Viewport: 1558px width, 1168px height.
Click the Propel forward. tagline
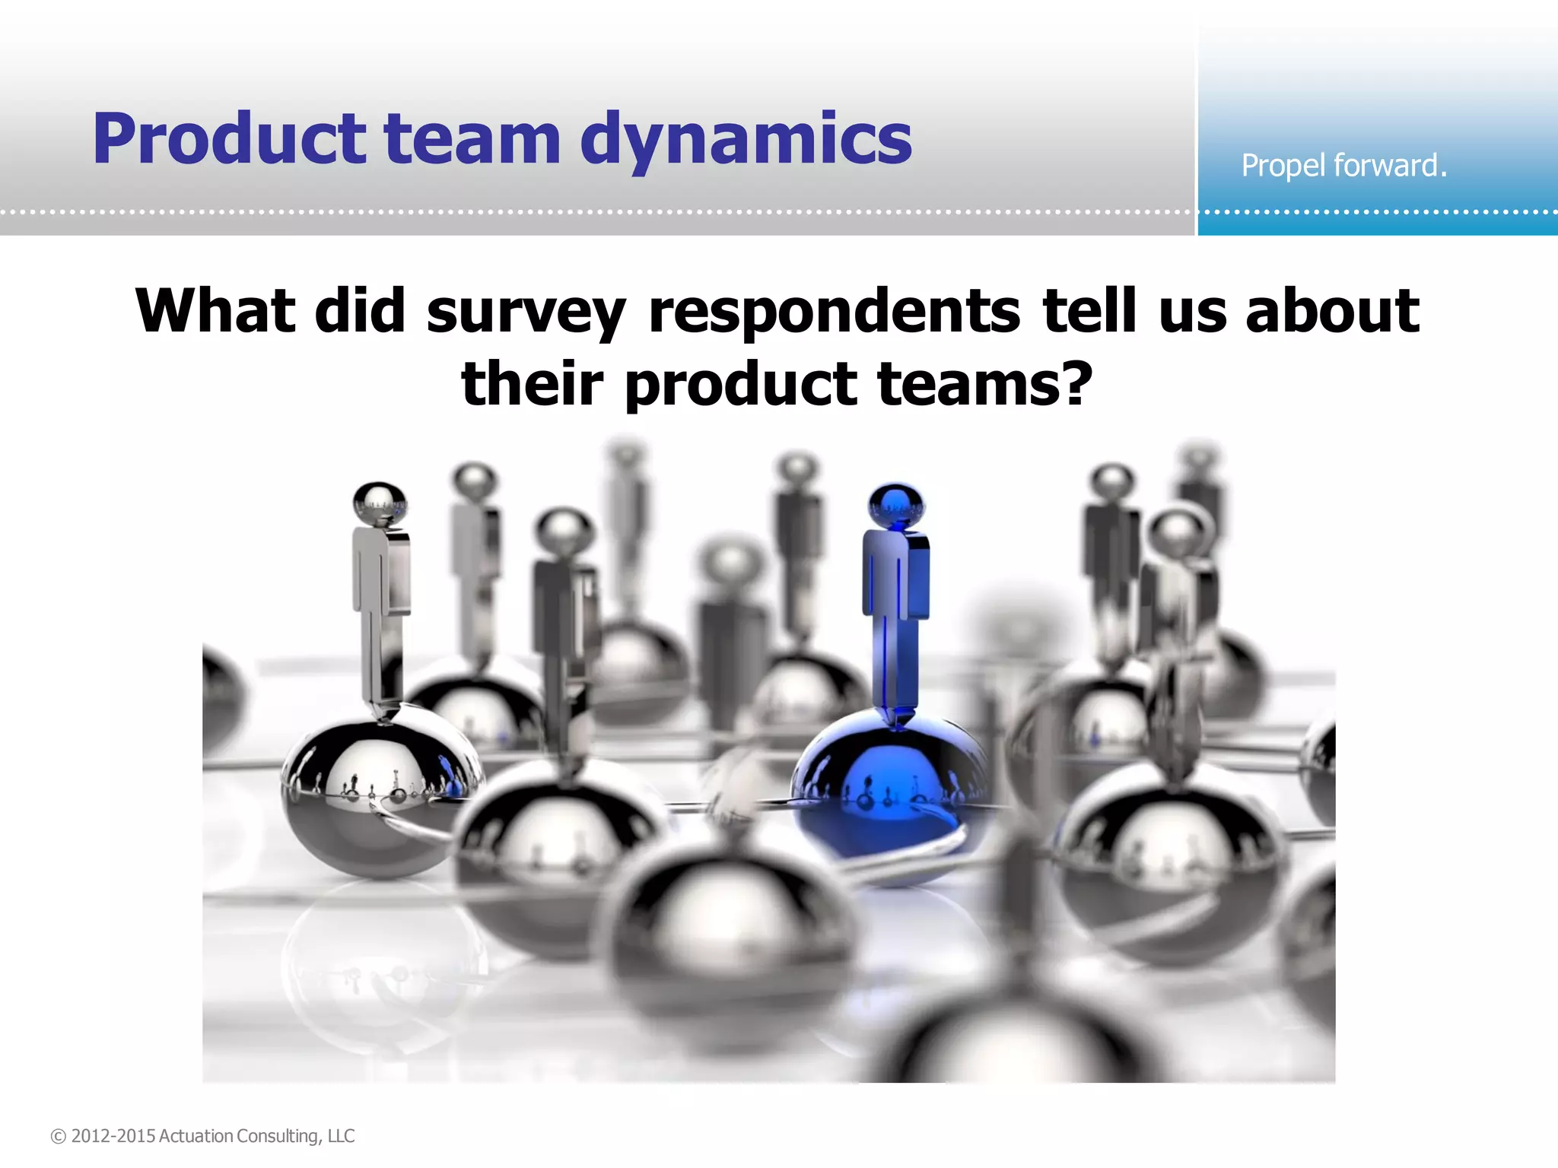click(x=1343, y=165)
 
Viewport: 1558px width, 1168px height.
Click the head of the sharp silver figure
click(x=380, y=503)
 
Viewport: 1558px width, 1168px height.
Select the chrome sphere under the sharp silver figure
click(x=380, y=791)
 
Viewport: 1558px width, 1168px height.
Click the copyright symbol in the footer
click(x=59, y=1136)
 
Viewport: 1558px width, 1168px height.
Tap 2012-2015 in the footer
click(x=113, y=1136)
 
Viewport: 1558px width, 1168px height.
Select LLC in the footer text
click(x=341, y=1136)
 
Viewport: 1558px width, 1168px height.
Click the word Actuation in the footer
click(x=196, y=1136)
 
